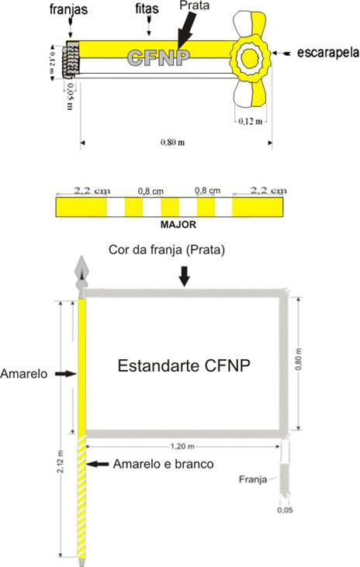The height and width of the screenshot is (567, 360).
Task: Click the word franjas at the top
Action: coord(68,9)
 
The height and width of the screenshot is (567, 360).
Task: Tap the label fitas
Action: coord(147,9)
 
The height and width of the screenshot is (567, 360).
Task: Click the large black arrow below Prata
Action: coord(187,29)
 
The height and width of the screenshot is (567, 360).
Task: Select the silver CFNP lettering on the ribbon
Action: coord(158,57)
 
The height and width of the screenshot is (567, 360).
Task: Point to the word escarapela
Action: coord(328,53)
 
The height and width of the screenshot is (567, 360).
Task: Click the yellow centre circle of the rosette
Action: coord(249,58)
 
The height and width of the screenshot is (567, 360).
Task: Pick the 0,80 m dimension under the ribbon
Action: coord(172,142)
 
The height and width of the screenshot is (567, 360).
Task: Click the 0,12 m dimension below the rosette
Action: coord(251,121)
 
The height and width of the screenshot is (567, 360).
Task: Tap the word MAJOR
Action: coord(178,225)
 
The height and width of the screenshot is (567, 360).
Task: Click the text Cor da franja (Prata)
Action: coord(167,250)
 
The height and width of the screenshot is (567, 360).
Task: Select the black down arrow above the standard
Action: coord(185,277)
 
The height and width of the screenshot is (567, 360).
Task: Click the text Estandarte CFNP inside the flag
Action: coord(184,365)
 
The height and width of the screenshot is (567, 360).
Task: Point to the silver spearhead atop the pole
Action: coord(81,268)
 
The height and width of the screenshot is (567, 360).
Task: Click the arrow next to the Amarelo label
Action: coord(66,374)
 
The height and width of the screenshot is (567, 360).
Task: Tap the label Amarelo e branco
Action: coord(163,464)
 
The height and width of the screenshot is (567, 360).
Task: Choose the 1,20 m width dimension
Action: coord(182,447)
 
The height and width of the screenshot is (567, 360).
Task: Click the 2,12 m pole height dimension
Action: coord(61,461)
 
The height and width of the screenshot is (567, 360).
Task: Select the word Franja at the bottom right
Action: coord(253,479)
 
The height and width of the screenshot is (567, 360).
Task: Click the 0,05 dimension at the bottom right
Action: coord(285,510)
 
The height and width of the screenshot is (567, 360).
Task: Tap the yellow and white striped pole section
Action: coord(81,496)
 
